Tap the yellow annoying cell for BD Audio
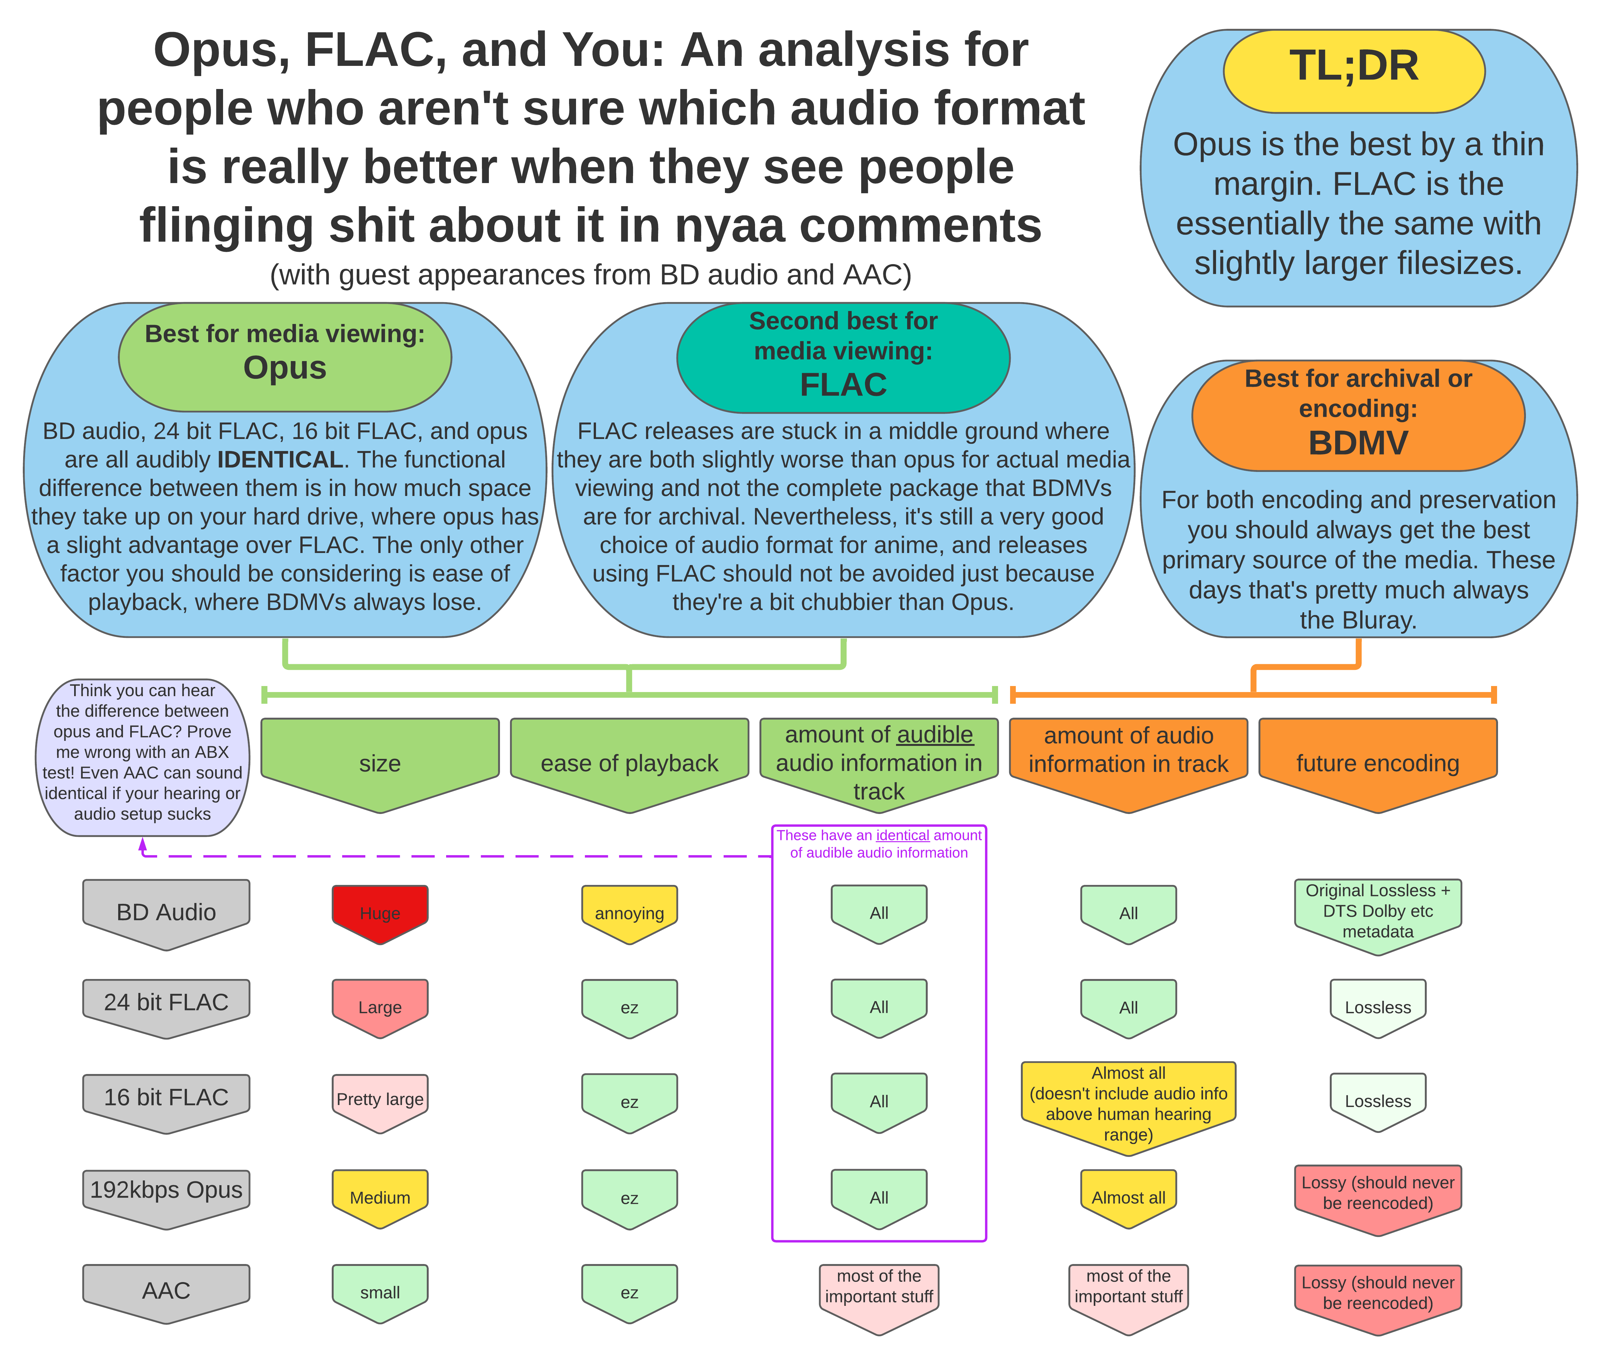629,914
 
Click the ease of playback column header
629,765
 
